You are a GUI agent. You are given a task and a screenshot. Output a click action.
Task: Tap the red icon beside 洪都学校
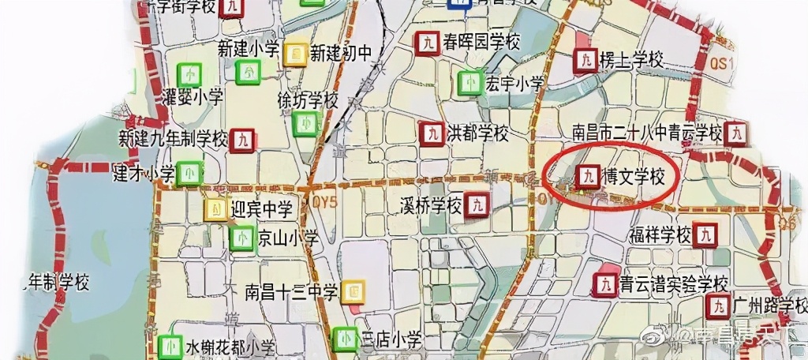click(430, 133)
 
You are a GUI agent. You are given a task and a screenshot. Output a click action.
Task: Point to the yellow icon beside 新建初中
click(295, 53)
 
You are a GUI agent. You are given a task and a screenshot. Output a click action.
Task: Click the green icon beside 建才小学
click(189, 172)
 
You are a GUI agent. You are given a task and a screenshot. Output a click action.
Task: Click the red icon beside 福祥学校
click(705, 234)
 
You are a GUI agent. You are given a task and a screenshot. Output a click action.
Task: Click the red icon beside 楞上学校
click(585, 60)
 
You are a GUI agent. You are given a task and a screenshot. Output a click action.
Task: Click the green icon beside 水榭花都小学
click(170, 347)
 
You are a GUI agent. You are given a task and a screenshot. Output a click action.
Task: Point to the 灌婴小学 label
click(192, 98)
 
